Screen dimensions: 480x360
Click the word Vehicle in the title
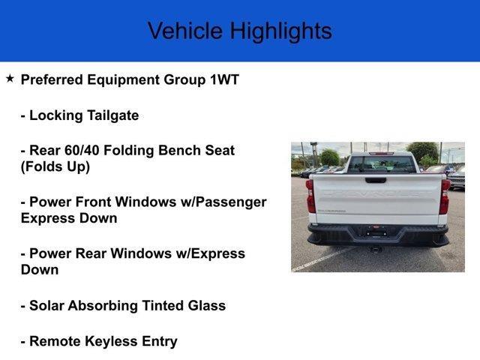coord(185,31)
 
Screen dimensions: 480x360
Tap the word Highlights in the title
coord(281,31)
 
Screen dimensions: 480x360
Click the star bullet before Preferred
coord(10,79)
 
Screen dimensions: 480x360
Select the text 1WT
coord(224,79)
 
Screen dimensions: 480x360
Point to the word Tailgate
coord(113,116)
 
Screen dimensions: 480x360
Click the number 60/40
coord(82,150)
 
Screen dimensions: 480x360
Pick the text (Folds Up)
coord(55,166)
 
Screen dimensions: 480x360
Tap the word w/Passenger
coord(223,202)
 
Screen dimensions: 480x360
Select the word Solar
coord(46,305)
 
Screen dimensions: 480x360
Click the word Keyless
coord(111,342)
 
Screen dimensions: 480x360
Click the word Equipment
coord(122,80)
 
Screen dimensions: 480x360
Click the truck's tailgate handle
coord(376,180)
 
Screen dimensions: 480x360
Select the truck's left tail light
coord(310,196)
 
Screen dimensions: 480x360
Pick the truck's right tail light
coord(444,196)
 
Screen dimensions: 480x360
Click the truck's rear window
coord(382,164)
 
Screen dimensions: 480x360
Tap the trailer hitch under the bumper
coord(376,249)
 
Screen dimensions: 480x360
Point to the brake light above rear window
coord(381,153)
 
